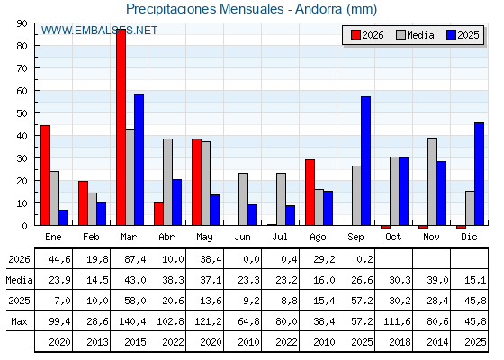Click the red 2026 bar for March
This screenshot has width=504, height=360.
tap(121, 127)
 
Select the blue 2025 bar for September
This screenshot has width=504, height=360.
tap(365, 161)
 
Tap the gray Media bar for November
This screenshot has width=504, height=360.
tap(432, 182)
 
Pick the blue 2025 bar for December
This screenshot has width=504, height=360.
tap(479, 174)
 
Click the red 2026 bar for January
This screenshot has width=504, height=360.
tap(46, 175)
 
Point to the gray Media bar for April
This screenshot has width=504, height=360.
tap(167, 182)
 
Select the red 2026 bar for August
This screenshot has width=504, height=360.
tap(310, 193)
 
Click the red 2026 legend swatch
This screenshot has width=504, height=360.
tap(355, 35)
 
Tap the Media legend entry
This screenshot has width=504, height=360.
tap(415, 35)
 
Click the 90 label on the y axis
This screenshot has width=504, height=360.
tap(22, 23)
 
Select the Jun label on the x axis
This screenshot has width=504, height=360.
tap(242, 238)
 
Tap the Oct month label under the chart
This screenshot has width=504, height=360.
tap(393, 238)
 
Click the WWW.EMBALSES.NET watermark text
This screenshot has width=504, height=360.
tap(99, 31)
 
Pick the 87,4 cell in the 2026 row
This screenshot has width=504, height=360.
tap(135, 259)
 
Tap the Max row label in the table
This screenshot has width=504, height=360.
tap(19, 321)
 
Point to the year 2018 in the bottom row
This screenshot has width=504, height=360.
tap(400, 342)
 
